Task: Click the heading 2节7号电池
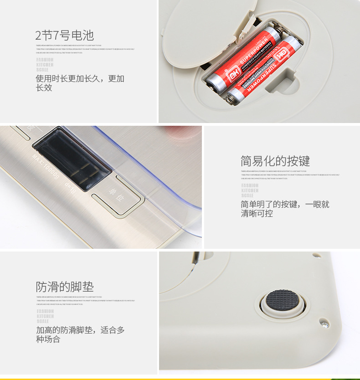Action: pos(65,35)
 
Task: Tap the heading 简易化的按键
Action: pos(275,161)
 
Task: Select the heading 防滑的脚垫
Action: pos(65,287)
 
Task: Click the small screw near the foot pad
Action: pos(324,323)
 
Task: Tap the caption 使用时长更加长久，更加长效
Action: pos(80,83)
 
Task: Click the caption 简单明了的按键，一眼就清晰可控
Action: pos(285,209)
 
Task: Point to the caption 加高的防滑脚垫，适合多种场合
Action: pos(80,334)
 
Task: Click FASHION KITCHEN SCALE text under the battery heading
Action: pos(45,65)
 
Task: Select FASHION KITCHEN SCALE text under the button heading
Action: pos(250,190)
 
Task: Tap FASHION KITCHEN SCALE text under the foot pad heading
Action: pos(45,316)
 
